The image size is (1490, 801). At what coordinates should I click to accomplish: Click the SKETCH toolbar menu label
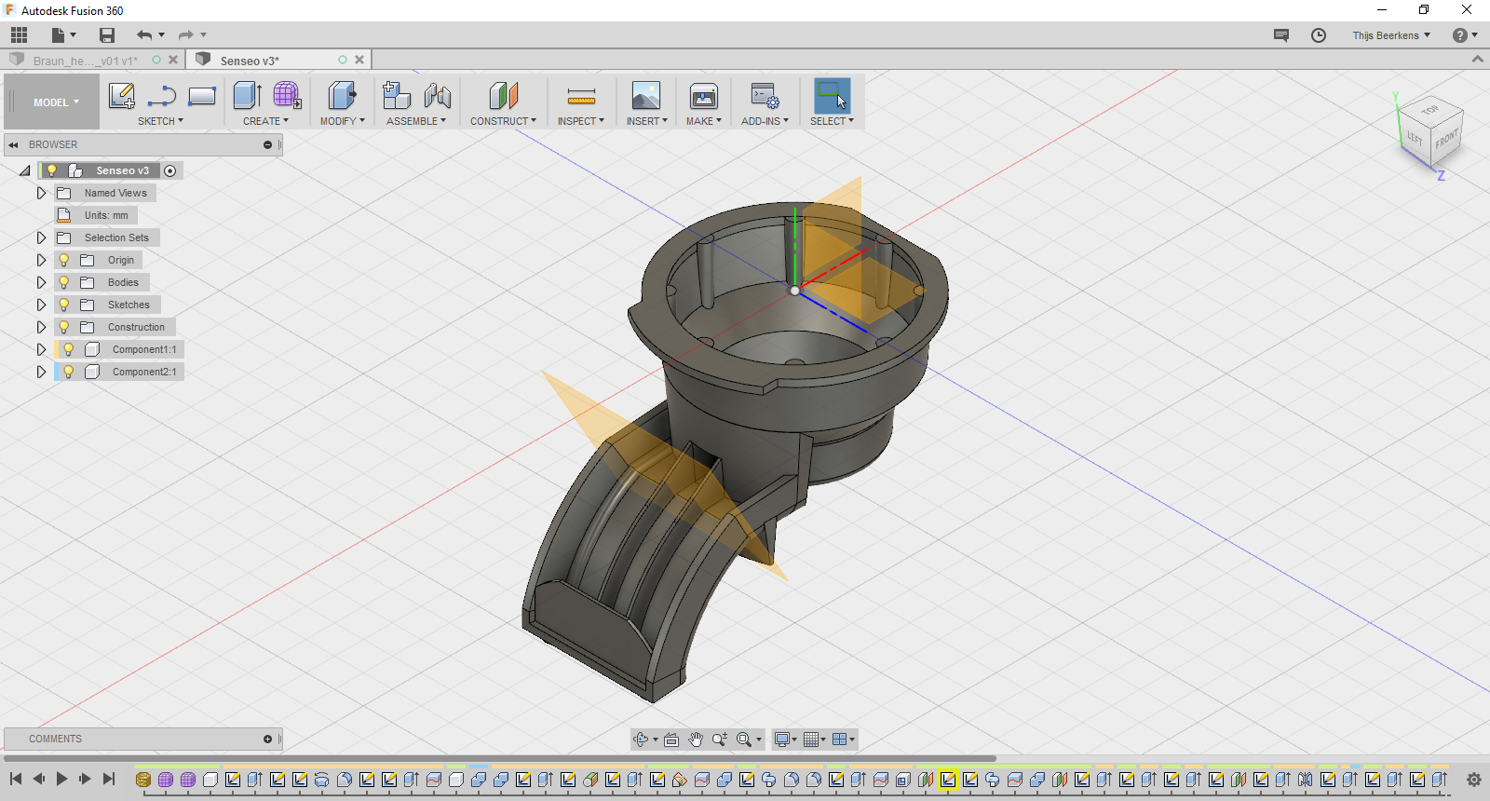click(x=160, y=121)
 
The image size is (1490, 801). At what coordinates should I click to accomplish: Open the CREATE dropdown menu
click(x=265, y=121)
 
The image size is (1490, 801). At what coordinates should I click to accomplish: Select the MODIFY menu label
click(x=342, y=121)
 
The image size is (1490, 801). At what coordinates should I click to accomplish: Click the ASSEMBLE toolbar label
click(x=415, y=121)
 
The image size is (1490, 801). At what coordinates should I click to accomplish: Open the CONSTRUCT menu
click(x=503, y=121)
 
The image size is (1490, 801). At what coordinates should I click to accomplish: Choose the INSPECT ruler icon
click(x=581, y=96)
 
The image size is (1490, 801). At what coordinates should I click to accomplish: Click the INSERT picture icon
click(x=645, y=96)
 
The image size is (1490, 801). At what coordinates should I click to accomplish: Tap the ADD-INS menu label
click(x=765, y=121)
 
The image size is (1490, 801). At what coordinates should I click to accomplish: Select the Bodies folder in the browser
click(x=122, y=282)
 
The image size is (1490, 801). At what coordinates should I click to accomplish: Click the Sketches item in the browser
click(x=128, y=305)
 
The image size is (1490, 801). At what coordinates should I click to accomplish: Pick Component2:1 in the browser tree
click(x=143, y=372)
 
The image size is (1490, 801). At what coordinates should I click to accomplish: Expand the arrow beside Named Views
click(x=41, y=193)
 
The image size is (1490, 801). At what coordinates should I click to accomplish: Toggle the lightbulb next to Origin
click(x=64, y=260)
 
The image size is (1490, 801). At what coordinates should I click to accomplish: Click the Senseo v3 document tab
click(x=250, y=61)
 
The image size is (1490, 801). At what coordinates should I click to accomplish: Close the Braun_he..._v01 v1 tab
click(x=173, y=60)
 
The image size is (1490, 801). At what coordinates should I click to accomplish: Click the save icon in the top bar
click(x=107, y=35)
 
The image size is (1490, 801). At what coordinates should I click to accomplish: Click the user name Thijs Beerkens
click(x=1386, y=35)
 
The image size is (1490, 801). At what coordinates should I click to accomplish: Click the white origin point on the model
click(x=794, y=291)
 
